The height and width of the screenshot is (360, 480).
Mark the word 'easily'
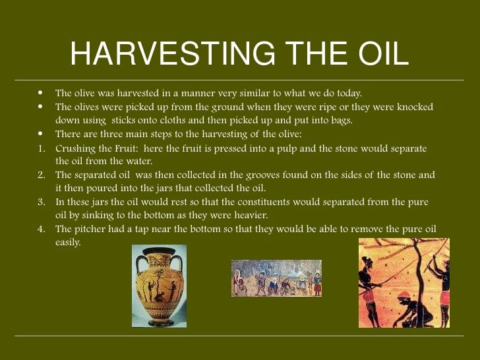tap(67, 243)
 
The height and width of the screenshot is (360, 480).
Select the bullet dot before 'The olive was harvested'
tap(41, 93)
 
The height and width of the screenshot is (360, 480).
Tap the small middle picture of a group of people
tap(276, 278)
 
